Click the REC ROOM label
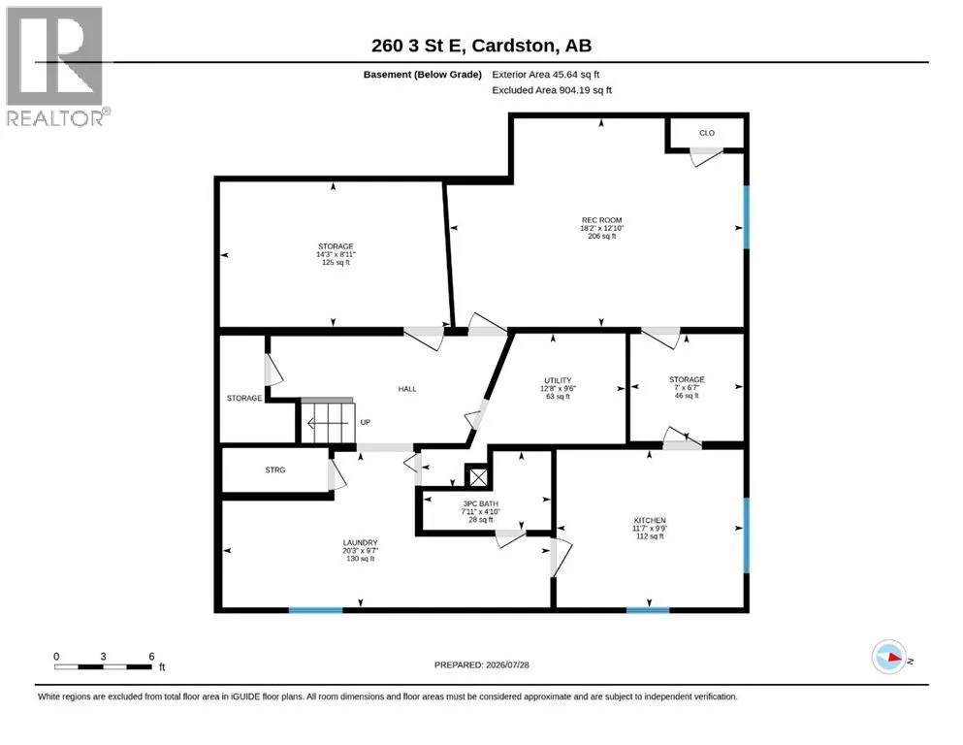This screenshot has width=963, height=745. (x=602, y=220)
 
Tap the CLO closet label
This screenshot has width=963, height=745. (x=707, y=133)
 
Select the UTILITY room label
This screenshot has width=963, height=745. (x=558, y=380)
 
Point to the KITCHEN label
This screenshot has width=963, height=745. (x=650, y=520)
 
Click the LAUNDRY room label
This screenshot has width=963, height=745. (x=360, y=543)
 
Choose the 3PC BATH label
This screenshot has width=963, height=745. (x=480, y=503)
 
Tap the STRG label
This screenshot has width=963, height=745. (x=275, y=470)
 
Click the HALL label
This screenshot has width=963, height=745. (x=407, y=389)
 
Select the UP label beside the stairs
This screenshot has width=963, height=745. (x=366, y=423)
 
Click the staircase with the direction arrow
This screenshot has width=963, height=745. (x=328, y=421)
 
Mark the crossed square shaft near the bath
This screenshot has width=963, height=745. (x=478, y=476)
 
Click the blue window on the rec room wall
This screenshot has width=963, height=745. (x=747, y=217)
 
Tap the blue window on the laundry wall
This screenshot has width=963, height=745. (x=316, y=610)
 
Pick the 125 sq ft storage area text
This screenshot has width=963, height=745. (x=336, y=262)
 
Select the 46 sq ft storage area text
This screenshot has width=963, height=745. (x=687, y=396)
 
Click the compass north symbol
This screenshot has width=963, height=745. (x=889, y=657)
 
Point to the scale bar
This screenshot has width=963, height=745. (x=103, y=666)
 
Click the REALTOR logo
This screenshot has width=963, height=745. (x=56, y=66)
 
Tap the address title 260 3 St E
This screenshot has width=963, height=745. (x=419, y=46)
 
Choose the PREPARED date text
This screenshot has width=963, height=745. (x=481, y=664)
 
